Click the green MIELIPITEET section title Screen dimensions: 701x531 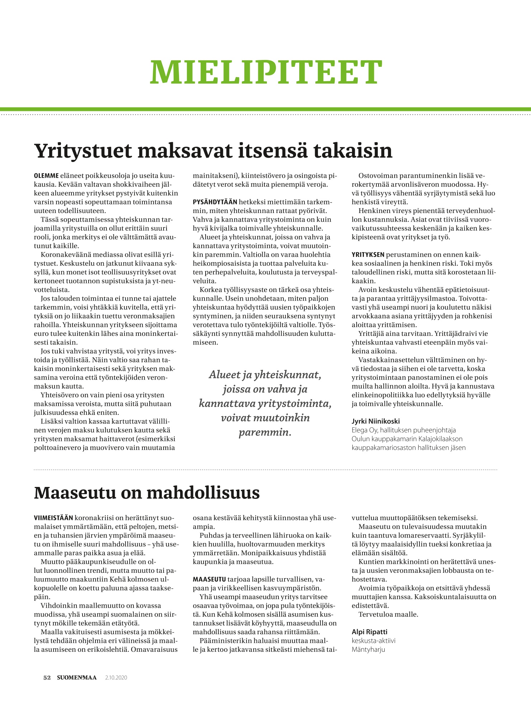pos(266,71)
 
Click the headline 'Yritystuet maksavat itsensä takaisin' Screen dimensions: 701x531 pos(213,151)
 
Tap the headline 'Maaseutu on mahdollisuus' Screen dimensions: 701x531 pos(147,493)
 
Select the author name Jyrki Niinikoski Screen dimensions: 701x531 pos(375,421)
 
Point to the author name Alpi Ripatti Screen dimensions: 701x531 pos(369,632)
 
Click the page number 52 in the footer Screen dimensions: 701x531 pos(47,678)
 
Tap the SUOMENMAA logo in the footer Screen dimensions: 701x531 pos(77,678)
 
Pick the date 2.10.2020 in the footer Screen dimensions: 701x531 pos(116,678)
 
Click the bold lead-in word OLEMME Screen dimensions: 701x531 pos(46,176)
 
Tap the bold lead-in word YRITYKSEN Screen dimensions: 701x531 pos(368,255)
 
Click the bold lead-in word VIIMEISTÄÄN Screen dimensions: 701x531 pos(53,518)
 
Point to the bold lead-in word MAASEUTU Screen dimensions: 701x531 pos(209,579)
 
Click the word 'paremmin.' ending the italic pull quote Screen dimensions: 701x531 pos(265,432)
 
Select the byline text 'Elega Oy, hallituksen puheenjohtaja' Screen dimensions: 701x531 pos(404,430)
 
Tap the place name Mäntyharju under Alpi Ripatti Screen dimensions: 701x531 pos(368,649)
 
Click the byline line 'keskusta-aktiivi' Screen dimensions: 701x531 pos(373,641)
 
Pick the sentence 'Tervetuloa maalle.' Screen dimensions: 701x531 pos(388,614)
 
